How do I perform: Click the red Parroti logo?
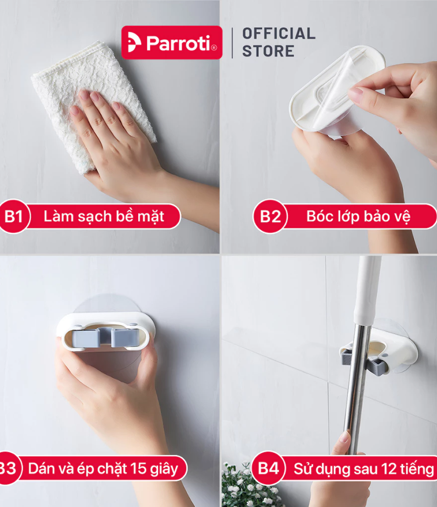point(172,42)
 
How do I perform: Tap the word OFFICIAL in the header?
point(279,34)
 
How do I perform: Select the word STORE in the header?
point(268,51)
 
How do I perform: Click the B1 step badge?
point(14,216)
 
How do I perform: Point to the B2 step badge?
point(270,216)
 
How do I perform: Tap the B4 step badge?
point(268,468)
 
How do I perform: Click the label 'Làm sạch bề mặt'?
point(104,216)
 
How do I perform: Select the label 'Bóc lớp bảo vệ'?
point(358,216)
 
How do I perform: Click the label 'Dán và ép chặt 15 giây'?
point(103,469)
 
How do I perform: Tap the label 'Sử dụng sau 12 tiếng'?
point(364,469)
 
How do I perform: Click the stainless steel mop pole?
point(357,388)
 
